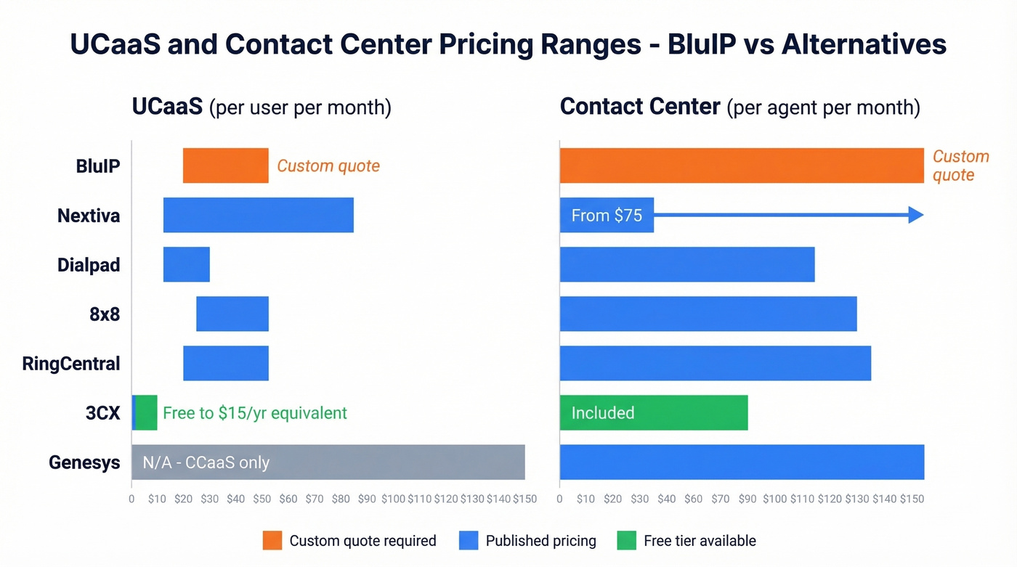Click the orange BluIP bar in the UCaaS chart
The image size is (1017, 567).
pos(225,166)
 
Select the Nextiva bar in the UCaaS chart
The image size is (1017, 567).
pos(258,215)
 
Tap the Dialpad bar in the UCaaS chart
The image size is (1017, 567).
pos(186,264)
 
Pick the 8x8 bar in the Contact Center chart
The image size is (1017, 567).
pos(708,314)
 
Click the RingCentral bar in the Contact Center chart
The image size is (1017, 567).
pos(715,363)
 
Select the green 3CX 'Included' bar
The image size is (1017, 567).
pos(653,412)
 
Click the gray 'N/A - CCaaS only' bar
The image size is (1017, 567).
pos(328,462)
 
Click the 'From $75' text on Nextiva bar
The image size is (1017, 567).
pos(607,215)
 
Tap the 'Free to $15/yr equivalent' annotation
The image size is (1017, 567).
pos(254,412)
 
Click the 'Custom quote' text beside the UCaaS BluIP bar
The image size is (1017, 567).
pos(328,166)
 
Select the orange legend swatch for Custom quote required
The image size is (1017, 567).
pos(272,540)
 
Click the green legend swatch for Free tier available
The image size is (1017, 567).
pos(626,540)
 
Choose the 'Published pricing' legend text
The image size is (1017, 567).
pos(540,540)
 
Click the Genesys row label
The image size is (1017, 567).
pos(84,462)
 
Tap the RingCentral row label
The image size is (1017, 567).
pos(71,363)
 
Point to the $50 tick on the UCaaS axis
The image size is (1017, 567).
pos(262,499)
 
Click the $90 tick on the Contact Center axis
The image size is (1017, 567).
pos(747,499)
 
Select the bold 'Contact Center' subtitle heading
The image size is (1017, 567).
pos(640,107)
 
